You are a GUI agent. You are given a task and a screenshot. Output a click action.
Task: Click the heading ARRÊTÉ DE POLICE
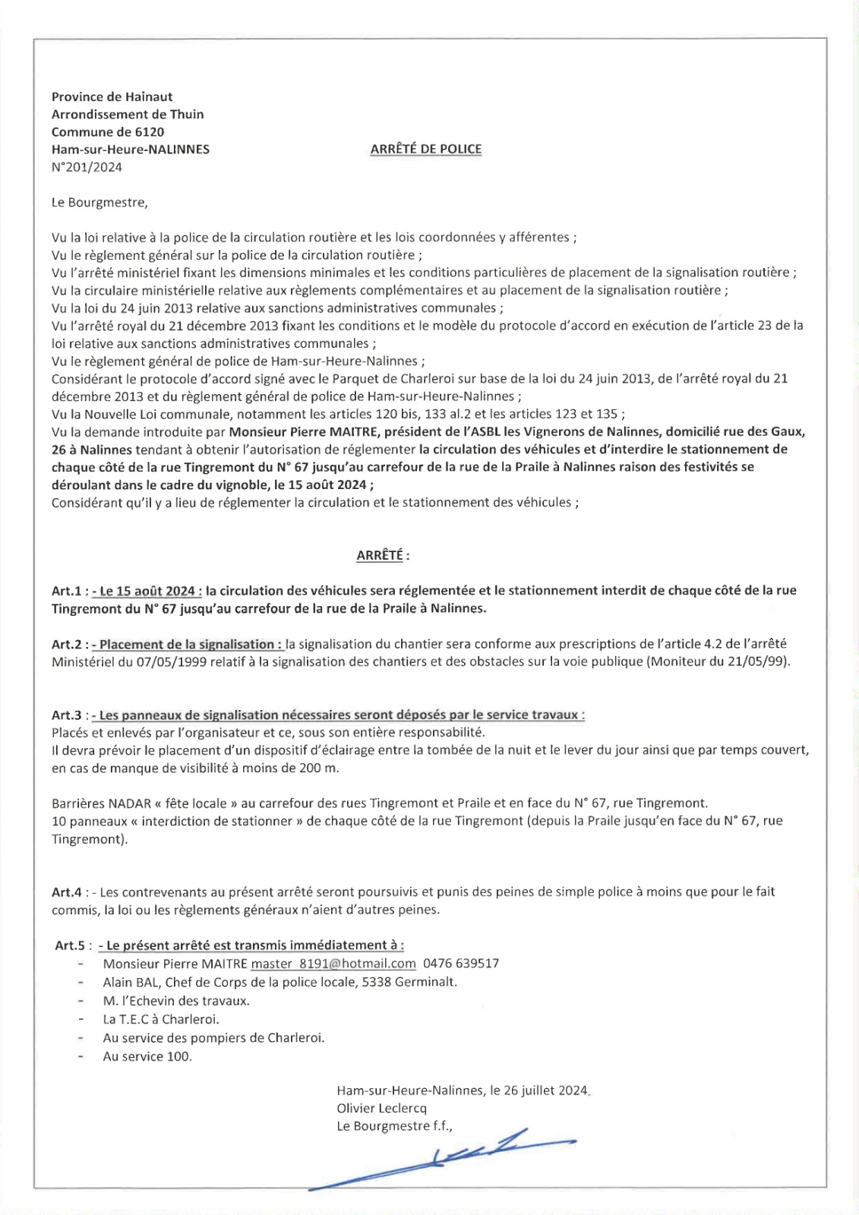pos(425,150)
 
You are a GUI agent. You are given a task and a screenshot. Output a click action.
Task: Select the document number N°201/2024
pos(87,167)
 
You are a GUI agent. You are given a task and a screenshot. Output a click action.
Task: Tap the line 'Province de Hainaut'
pos(112,96)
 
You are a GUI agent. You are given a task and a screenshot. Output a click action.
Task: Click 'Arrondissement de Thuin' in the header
pos(128,114)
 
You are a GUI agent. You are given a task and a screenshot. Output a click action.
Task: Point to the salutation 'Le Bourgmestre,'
pos(99,202)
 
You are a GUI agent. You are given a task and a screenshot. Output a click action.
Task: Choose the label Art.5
pos(69,945)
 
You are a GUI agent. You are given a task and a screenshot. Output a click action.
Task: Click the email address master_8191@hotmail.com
pos(333,964)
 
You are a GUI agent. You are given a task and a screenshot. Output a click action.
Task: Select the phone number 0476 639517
pos(461,964)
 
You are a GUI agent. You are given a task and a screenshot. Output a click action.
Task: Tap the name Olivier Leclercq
pos(381,1108)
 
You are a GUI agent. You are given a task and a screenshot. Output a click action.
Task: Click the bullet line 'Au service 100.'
pos(147,1056)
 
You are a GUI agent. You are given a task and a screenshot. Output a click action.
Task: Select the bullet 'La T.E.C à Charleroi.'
pos(161,1019)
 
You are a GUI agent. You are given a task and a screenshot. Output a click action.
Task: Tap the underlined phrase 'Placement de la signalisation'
pos(187,645)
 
